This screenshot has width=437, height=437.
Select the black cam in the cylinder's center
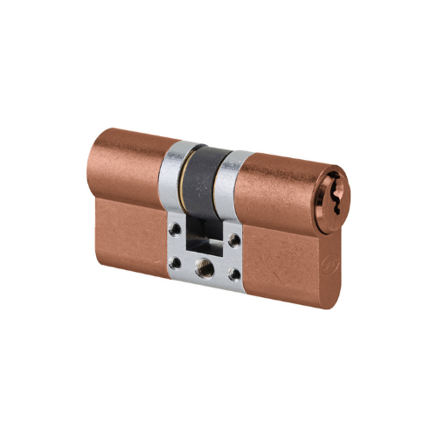[205, 175]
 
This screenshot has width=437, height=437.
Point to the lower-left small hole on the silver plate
[177, 260]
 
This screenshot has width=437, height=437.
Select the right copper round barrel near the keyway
[280, 188]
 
